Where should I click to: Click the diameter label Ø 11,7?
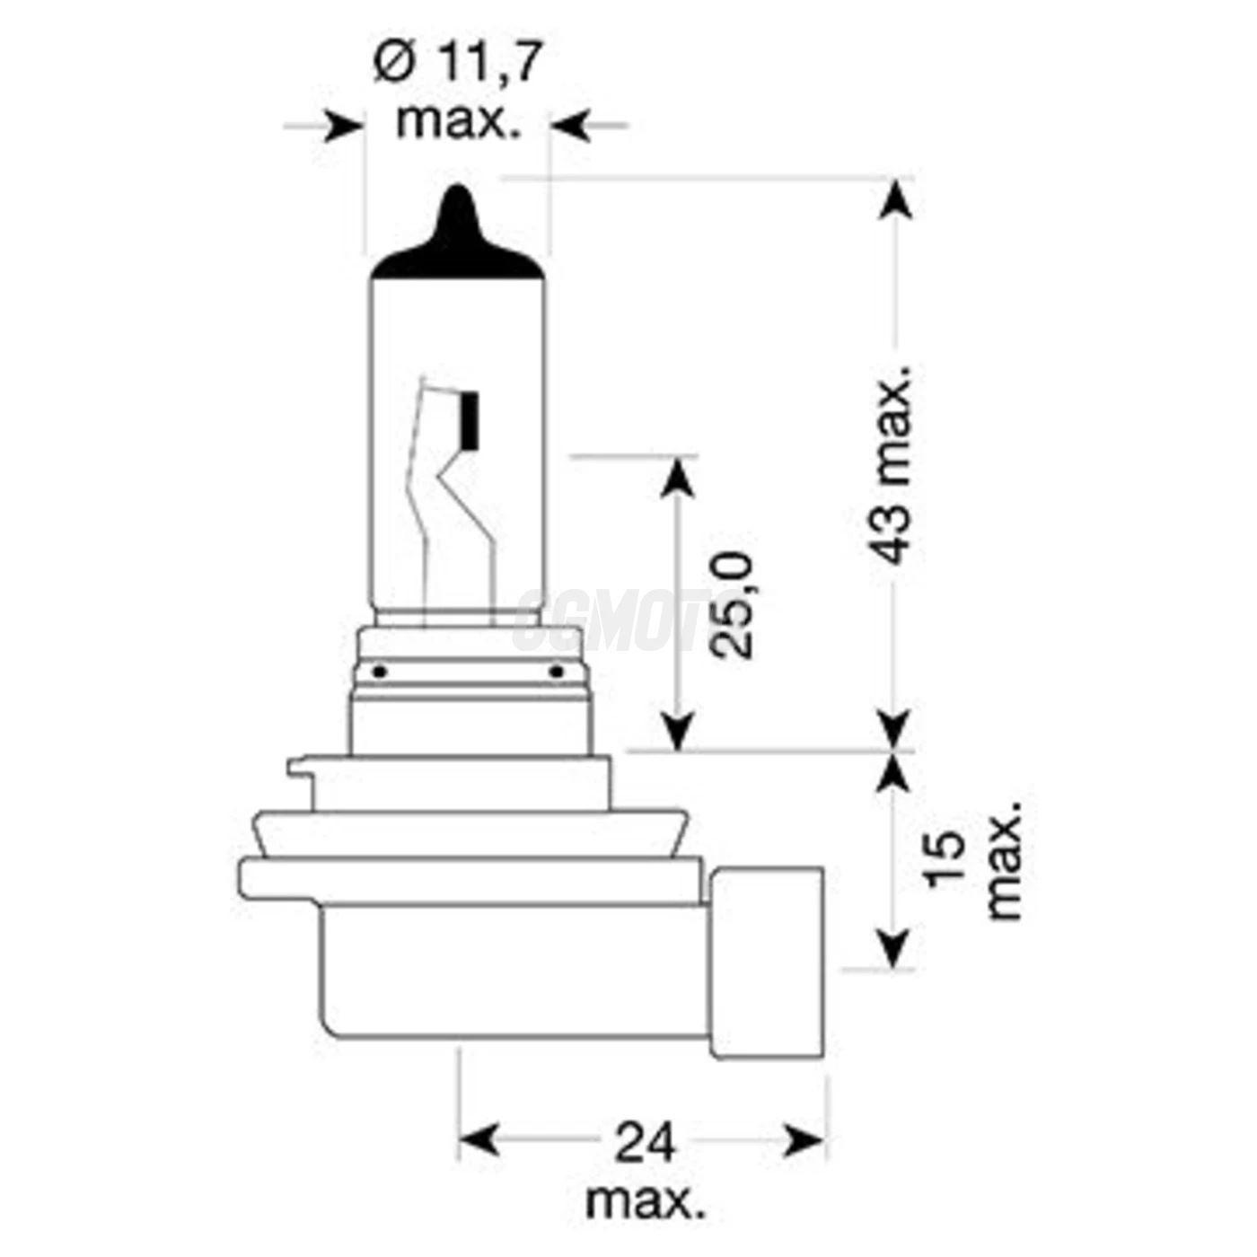click(x=458, y=65)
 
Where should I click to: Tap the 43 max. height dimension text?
click(x=894, y=464)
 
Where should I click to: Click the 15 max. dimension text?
click(x=974, y=859)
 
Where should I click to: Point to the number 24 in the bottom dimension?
click(x=644, y=1143)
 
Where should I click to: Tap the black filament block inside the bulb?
click(x=467, y=420)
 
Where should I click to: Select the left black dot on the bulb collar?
click(x=379, y=671)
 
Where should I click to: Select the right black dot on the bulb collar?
click(x=556, y=671)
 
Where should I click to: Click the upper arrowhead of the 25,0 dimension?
click(x=679, y=477)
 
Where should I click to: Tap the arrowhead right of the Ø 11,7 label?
click(x=570, y=127)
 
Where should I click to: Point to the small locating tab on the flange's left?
click(x=301, y=769)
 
